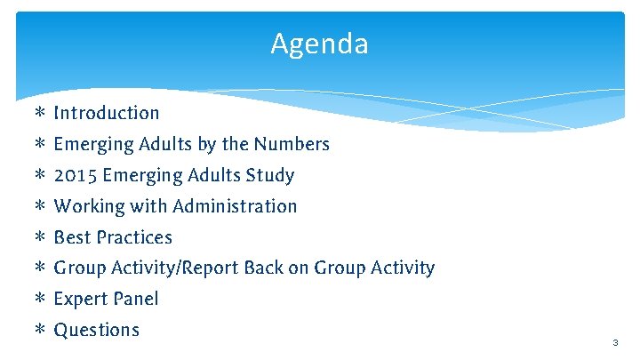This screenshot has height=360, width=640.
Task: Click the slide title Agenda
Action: (319, 44)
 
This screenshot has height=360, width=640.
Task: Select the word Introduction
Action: (107, 113)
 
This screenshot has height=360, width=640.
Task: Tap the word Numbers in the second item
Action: (291, 144)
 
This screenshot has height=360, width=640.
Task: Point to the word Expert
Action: (79, 299)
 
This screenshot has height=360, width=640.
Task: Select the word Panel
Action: (134, 299)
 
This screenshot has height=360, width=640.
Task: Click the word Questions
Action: (97, 330)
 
